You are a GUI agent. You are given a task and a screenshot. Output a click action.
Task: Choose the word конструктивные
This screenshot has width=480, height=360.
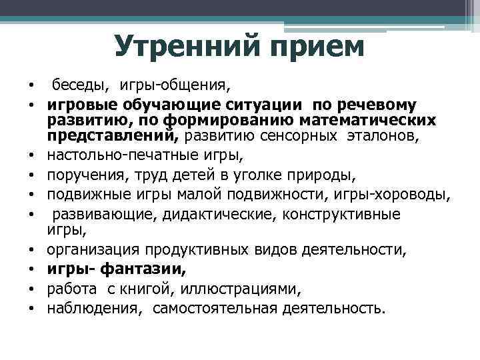pyautogui.click(x=343, y=214)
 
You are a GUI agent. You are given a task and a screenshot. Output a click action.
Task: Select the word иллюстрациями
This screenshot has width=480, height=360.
pyautogui.click(x=246, y=289)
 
